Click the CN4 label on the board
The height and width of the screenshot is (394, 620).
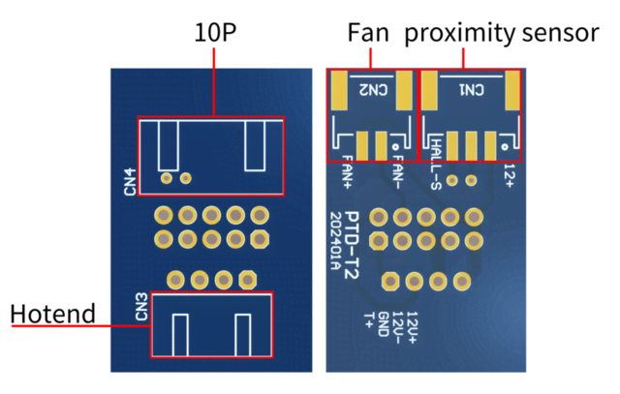click(x=130, y=181)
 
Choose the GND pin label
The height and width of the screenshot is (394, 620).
click(x=383, y=323)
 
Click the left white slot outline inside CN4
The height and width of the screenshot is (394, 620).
click(x=169, y=145)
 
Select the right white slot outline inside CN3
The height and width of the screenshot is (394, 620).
click(x=242, y=334)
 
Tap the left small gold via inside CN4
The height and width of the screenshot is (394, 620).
click(x=168, y=178)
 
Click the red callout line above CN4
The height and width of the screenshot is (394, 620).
click(x=213, y=82)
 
